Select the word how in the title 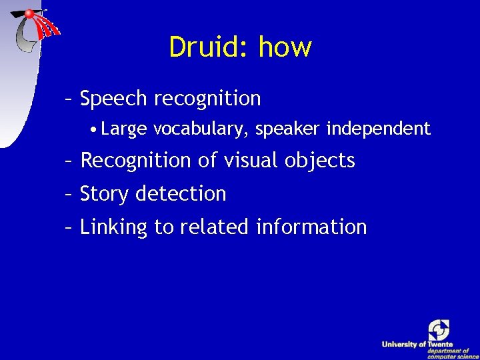tap(285, 47)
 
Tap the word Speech tap(113, 99)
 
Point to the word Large tap(124, 129)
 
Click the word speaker tap(288, 129)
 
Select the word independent tap(378, 129)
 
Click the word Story tap(105, 194)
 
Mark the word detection tap(181, 194)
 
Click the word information tap(311, 227)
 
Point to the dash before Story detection tap(68, 194)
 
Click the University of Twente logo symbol tap(439, 330)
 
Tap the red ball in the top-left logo tap(29, 13)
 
